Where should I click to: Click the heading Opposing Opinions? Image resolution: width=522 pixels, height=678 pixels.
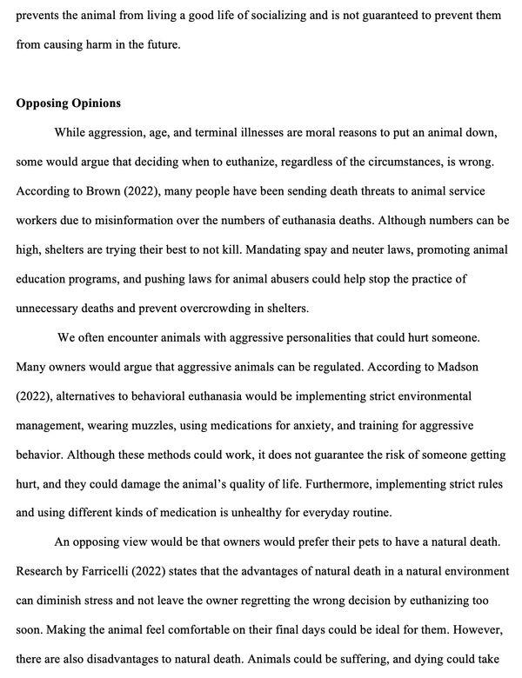point(69,103)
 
